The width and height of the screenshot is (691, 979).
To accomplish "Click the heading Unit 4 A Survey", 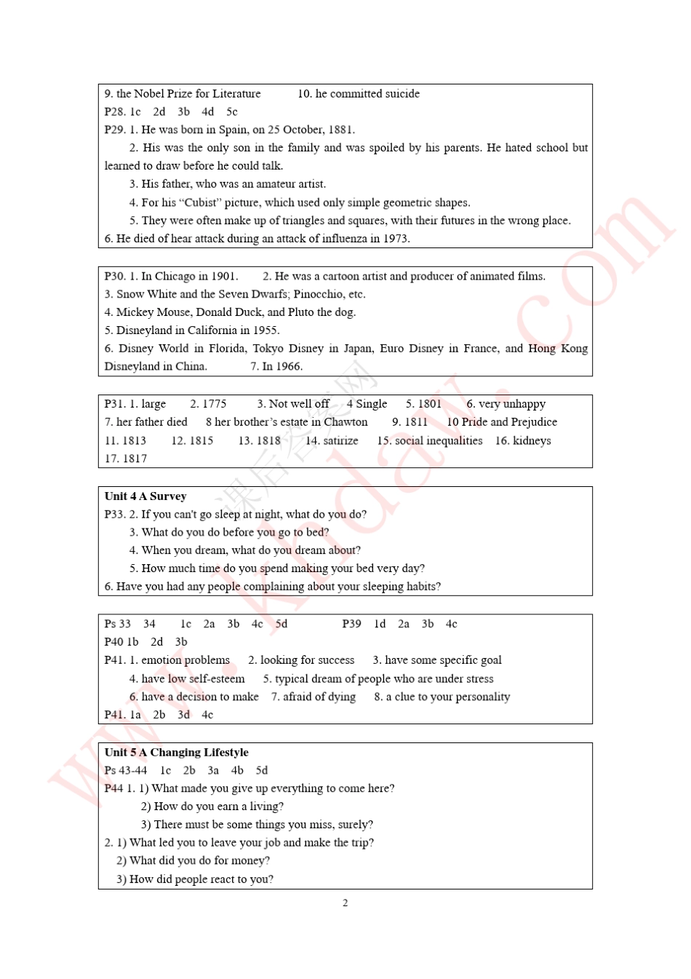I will click(x=145, y=496).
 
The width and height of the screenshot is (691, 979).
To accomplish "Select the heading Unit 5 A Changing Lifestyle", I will click(x=176, y=753).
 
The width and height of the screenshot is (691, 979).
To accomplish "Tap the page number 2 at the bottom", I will click(x=345, y=903).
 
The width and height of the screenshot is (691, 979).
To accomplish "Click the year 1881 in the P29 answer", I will click(x=340, y=130).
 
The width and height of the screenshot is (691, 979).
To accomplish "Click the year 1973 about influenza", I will click(x=394, y=239).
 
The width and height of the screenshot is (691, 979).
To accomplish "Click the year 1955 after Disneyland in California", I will click(x=266, y=330).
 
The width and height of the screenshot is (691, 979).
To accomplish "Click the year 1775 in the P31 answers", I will click(x=214, y=404).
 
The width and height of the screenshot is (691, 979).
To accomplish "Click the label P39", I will click(x=351, y=625).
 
